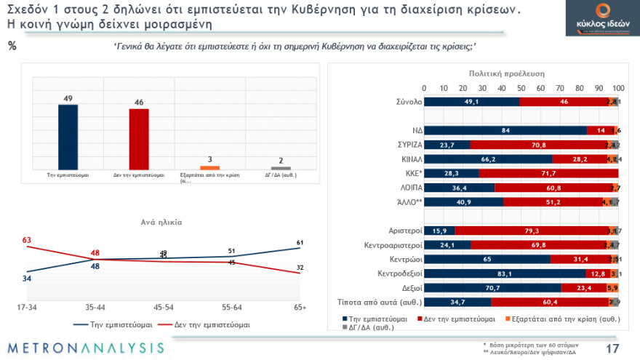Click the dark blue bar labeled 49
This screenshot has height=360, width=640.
[68, 136]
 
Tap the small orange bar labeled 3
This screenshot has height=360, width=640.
[204, 167]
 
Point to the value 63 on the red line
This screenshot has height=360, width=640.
[26, 239]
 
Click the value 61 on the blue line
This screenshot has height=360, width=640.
[300, 241]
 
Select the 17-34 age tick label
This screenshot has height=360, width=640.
[26, 308]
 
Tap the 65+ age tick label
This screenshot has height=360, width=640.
[299, 308]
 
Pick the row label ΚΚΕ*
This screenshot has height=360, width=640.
[405, 174]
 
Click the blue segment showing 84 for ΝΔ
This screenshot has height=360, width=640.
[505, 130]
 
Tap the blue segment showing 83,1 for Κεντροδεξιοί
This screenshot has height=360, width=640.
[504, 273]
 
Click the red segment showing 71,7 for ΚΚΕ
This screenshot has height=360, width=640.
[548, 174]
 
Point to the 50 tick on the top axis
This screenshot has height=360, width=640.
[521, 88]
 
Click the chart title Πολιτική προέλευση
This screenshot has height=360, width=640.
[501, 73]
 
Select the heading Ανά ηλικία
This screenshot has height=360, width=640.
[161, 222]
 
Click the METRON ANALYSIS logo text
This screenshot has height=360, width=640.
[86, 348]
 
